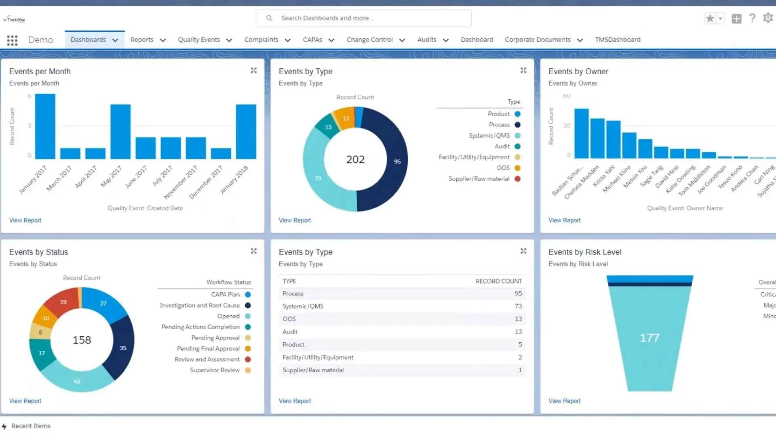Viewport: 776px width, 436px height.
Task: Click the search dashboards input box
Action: (364, 18)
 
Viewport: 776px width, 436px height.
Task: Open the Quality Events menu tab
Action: (199, 40)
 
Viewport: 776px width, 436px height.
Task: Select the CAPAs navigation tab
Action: (312, 40)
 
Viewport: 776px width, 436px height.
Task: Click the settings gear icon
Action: (768, 18)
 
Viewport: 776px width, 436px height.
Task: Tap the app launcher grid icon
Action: (12, 40)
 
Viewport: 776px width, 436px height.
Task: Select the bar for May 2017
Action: (120, 131)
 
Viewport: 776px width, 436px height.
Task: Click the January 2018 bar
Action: (246, 131)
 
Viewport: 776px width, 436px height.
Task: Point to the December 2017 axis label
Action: (206, 182)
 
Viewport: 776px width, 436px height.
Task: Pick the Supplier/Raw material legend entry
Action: (479, 178)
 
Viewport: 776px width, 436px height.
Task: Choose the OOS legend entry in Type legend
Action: (503, 168)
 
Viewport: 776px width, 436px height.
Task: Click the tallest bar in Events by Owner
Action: (581, 133)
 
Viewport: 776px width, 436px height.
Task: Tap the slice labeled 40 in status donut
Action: (77, 381)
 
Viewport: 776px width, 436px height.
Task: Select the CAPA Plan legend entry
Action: (226, 294)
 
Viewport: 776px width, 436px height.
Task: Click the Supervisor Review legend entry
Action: (215, 370)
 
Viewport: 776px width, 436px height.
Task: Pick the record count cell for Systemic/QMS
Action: (518, 306)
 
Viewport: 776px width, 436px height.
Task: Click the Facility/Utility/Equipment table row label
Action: (318, 357)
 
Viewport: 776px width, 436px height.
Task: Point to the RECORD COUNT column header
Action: (499, 281)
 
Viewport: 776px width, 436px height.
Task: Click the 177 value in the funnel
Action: (649, 337)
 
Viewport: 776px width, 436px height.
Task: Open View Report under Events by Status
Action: (25, 401)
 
